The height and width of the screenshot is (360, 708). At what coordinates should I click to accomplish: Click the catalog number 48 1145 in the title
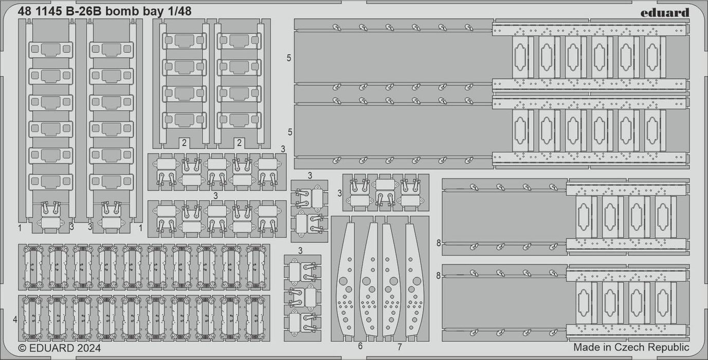40,11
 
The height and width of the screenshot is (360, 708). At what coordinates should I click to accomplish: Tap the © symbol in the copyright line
22,348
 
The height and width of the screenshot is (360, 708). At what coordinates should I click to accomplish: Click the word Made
586,348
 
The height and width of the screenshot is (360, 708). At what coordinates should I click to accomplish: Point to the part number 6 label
360,346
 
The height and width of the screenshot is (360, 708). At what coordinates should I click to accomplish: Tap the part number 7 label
400,346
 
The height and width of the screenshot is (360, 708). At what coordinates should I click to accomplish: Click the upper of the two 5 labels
289,58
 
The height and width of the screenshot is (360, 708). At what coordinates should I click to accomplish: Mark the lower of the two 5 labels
290,132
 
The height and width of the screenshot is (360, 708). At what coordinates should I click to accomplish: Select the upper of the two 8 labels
439,243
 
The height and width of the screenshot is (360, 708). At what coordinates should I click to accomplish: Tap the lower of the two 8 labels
439,276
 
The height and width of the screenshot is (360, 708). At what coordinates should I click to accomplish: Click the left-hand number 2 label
184,142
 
